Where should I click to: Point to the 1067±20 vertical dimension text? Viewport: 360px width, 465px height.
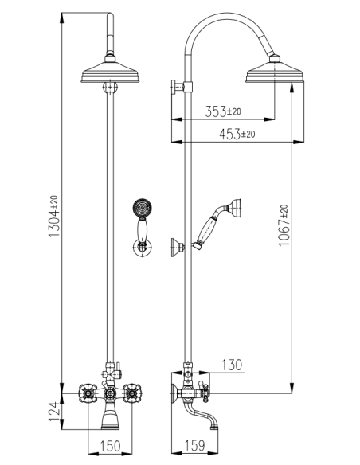[x=284, y=225]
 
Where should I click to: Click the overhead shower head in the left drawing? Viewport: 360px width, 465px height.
[x=112, y=76]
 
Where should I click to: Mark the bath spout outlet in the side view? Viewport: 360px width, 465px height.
[x=213, y=426]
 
